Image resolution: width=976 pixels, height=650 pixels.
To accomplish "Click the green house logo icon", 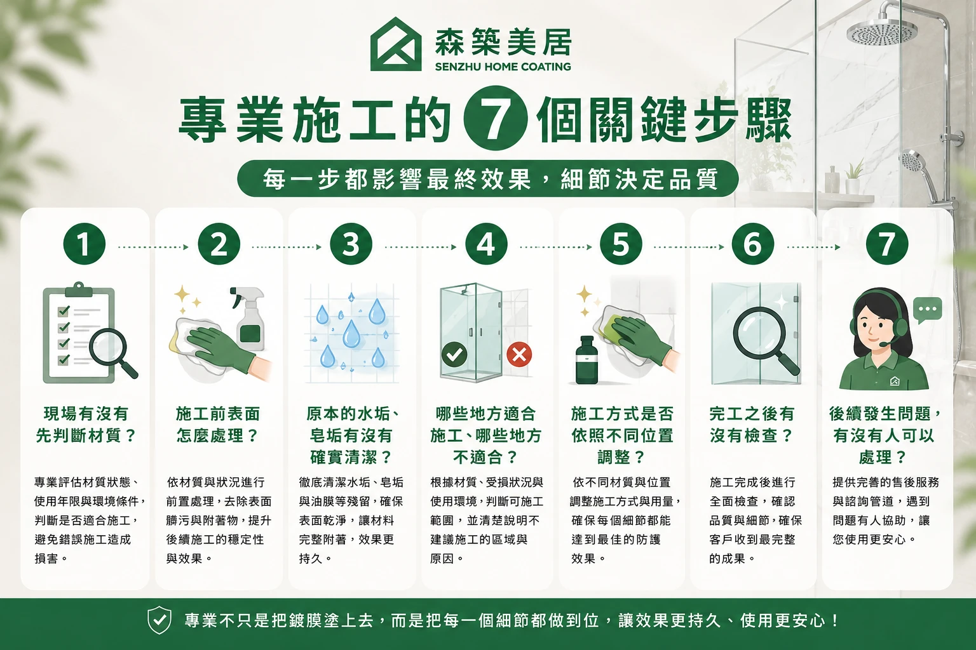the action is [x=396, y=44].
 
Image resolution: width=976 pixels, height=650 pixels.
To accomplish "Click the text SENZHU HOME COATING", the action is [x=503, y=67].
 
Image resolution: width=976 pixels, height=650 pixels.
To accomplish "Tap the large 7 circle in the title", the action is [x=496, y=118].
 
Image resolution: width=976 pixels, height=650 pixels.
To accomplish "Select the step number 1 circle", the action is [x=85, y=244].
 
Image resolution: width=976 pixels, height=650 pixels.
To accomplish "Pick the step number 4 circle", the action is [x=486, y=244].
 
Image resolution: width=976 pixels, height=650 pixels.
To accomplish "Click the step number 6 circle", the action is [x=753, y=244].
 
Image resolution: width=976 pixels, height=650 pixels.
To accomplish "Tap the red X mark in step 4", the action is [x=519, y=355].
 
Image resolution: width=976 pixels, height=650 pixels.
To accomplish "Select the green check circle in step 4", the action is [x=454, y=355].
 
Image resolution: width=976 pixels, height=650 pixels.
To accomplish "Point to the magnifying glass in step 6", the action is [x=764, y=340].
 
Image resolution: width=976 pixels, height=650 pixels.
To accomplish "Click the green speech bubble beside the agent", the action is [x=928, y=310].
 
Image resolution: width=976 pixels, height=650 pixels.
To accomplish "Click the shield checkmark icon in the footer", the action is [x=159, y=620].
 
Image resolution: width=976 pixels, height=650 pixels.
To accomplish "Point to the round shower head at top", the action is [x=882, y=32].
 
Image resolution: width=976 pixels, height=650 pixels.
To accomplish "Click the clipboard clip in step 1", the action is [x=78, y=289].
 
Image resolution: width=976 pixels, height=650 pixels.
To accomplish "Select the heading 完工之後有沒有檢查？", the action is [x=752, y=425].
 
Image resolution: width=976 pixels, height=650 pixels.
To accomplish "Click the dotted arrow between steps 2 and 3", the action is [x=287, y=248].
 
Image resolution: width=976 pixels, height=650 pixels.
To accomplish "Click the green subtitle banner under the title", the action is [x=488, y=178].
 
